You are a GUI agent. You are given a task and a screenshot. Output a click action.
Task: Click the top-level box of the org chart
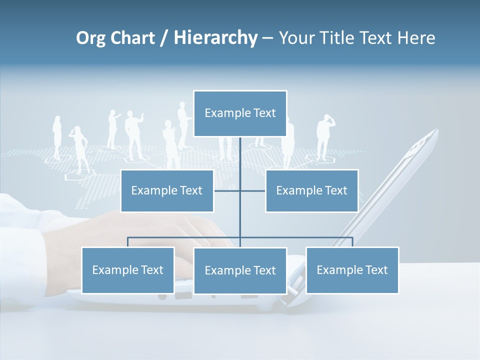point(240,113)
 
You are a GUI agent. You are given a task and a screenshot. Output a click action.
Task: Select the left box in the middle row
point(167,190)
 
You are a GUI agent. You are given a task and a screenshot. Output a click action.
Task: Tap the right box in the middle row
point(311,190)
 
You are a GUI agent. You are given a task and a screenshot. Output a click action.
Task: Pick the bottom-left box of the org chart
point(128,270)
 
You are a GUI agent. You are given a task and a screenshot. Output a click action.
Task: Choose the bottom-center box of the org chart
point(240,270)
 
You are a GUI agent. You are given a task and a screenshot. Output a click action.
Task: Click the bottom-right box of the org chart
point(352,270)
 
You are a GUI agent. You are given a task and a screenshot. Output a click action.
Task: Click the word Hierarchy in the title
point(215,38)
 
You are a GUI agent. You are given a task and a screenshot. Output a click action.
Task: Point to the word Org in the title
point(91,38)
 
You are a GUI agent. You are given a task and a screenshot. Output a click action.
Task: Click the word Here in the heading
point(416,38)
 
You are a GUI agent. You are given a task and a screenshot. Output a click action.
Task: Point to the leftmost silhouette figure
point(56,137)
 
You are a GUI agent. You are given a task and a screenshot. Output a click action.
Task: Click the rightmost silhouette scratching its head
point(324,136)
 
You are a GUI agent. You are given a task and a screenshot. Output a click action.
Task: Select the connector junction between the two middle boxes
point(240,190)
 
